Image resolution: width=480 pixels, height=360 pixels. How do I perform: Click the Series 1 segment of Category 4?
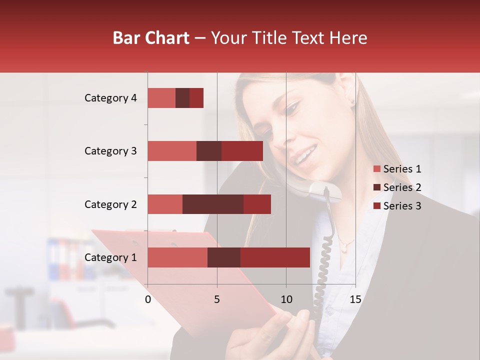tap(161, 98)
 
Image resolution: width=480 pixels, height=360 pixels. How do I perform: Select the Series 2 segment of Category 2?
tap(213, 204)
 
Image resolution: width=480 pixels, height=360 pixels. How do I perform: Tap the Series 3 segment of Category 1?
tap(275, 257)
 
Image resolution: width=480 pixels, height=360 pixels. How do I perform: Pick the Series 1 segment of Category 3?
tap(172, 151)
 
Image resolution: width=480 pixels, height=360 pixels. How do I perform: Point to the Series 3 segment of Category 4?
tap(196, 98)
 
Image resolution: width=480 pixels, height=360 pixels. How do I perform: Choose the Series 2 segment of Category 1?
tap(224, 257)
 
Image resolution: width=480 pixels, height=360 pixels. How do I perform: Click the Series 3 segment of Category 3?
tap(242, 151)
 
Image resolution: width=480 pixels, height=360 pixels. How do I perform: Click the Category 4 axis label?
tap(110, 98)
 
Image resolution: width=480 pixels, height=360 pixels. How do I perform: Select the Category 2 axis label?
tap(110, 204)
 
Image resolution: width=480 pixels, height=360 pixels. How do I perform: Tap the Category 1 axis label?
tap(110, 257)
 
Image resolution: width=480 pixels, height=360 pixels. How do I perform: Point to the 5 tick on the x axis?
tap(217, 299)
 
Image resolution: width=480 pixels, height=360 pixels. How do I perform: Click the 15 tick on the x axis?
tap(355, 299)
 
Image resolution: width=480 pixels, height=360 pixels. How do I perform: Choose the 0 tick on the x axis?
tap(148, 299)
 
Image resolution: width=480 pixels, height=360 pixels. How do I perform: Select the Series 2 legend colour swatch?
tap(377, 187)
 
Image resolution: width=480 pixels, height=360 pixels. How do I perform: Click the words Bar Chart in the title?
tap(151, 37)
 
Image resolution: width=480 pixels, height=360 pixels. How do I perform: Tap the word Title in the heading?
tap(272, 37)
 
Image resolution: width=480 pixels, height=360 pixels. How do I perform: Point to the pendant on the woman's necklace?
tap(344, 246)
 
